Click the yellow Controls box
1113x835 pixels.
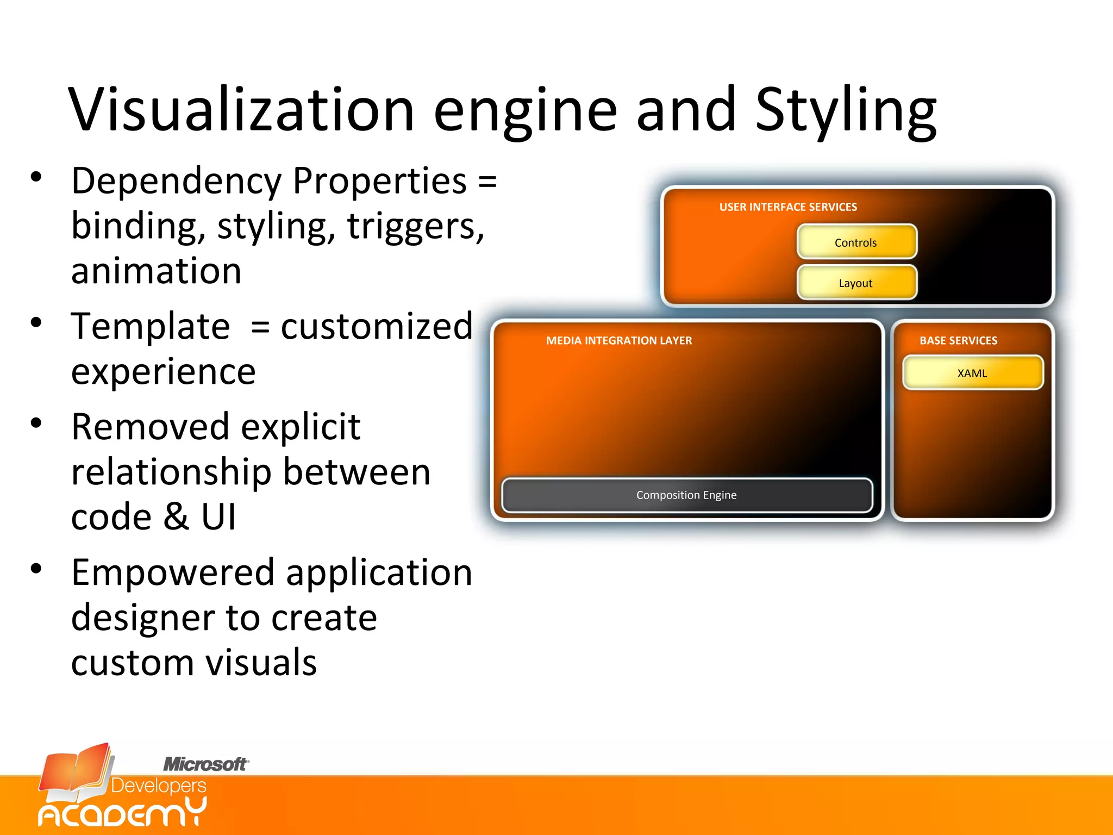click(856, 242)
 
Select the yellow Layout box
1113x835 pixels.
click(856, 283)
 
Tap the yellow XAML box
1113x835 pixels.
click(972, 373)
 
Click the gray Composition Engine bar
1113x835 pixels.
click(686, 495)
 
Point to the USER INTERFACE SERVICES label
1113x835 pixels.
click(788, 207)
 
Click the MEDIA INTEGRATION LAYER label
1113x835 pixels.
click(619, 341)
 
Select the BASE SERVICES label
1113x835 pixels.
click(958, 341)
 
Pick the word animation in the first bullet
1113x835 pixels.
click(156, 271)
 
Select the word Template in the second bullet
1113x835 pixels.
click(151, 327)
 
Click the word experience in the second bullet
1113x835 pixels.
click(163, 372)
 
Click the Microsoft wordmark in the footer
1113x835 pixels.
click(205, 764)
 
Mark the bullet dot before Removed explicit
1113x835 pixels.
click(36, 423)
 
